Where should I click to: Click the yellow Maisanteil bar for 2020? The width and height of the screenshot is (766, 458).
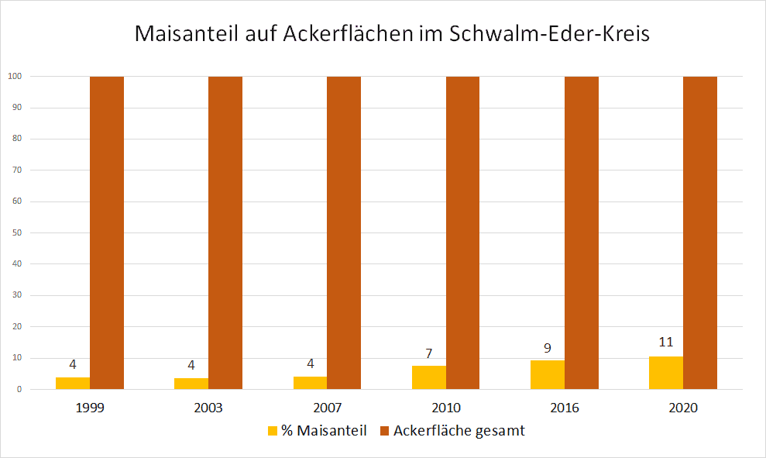(x=666, y=373)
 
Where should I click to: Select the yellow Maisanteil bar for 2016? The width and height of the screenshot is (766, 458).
(x=548, y=375)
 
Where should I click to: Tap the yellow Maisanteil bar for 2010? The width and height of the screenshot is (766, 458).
(x=429, y=377)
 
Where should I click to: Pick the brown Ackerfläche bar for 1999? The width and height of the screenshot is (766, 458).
(x=107, y=232)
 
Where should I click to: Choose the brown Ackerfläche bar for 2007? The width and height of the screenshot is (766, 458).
(x=344, y=232)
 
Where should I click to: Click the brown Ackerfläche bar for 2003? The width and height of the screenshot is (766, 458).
(x=225, y=232)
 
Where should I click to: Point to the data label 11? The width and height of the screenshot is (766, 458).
(x=666, y=342)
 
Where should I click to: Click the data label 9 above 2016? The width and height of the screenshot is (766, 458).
(x=548, y=348)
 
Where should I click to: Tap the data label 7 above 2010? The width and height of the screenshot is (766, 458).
(x=429, y=353)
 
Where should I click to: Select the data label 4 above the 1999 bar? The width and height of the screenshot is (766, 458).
(x=74, y=364)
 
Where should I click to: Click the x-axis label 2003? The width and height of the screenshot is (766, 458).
(x=209, y=408)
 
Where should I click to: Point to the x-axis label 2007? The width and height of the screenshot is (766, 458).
(x=328, y=408)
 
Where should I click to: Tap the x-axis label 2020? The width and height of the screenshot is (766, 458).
(x=683, y=408)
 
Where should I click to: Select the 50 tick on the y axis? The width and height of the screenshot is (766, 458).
(x=15, y=232)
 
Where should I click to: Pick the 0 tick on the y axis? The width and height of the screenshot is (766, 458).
(x=18, y=389)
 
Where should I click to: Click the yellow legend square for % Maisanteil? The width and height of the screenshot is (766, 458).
(x=273, y=431)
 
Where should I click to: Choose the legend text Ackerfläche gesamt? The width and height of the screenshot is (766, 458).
(x=459, y=431)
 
